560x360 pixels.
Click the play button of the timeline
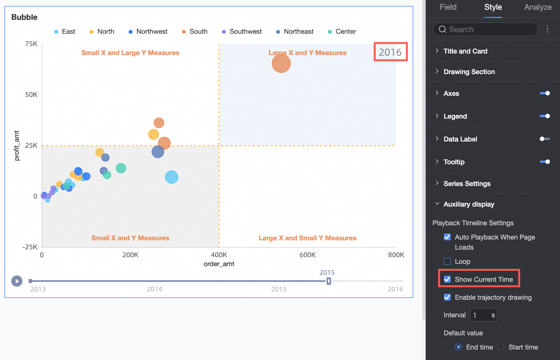click(17, 281)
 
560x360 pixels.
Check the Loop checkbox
click(447, 261)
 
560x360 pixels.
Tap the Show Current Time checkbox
click(447, 279)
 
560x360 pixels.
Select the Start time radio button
click(501, 347)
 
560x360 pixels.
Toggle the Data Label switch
click(545, 139)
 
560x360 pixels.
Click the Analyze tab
click(538, 7)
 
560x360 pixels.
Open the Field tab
click(448, 7)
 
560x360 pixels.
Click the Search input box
click(487, 29)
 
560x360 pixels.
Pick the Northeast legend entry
click(295, 32)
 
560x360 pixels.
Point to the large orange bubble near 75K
click(281, 63)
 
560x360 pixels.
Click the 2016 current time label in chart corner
click(390, 52)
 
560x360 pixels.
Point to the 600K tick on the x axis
click(307, 255)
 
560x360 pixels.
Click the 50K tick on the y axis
click(31, 95)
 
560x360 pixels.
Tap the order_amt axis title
click(219, 264)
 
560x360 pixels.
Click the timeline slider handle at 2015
click(329, 281)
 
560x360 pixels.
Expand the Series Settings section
click(467, 184)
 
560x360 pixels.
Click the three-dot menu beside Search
click(547, 29)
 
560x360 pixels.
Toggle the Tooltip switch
click(545, 162)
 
